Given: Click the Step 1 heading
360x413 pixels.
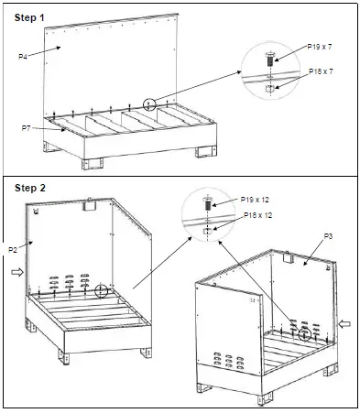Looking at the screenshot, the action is tap(29, 17).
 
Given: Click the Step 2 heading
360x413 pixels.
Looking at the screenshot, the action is tap(30, 188).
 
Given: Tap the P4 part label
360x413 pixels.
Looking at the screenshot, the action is tap(23, 57).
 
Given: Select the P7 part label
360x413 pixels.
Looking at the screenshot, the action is tap(26, 128).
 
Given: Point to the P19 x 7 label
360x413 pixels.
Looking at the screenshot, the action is tap(320, 47).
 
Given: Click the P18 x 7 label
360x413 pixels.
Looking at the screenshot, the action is tap(321, 71).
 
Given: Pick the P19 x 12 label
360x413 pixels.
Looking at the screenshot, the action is tap(255, 200).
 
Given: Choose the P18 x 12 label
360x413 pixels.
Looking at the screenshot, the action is tap(257, 215).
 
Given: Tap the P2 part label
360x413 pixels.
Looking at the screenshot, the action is tap(13, 250).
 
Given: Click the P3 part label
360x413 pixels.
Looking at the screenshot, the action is tap(328, 236).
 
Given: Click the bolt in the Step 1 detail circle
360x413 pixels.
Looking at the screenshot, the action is tap(270, 60).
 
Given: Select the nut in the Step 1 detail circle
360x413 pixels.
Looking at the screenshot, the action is tap(269, 89).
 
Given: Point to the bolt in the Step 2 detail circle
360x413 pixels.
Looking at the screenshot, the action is tap(208, 203).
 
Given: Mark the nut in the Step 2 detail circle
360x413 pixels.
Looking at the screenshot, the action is tap(207, 231).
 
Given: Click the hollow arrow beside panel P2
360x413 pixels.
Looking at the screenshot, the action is tap(17, 272).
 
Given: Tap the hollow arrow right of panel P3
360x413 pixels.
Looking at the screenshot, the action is tap(344, 323).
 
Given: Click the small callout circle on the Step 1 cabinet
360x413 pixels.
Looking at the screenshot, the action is tap(149, 104).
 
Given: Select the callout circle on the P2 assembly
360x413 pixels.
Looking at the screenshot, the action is tap(102, 290).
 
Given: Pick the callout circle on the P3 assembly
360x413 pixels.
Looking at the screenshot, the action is tap(304, 334).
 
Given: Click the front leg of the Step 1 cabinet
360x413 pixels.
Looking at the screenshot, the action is tap(93, 163).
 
